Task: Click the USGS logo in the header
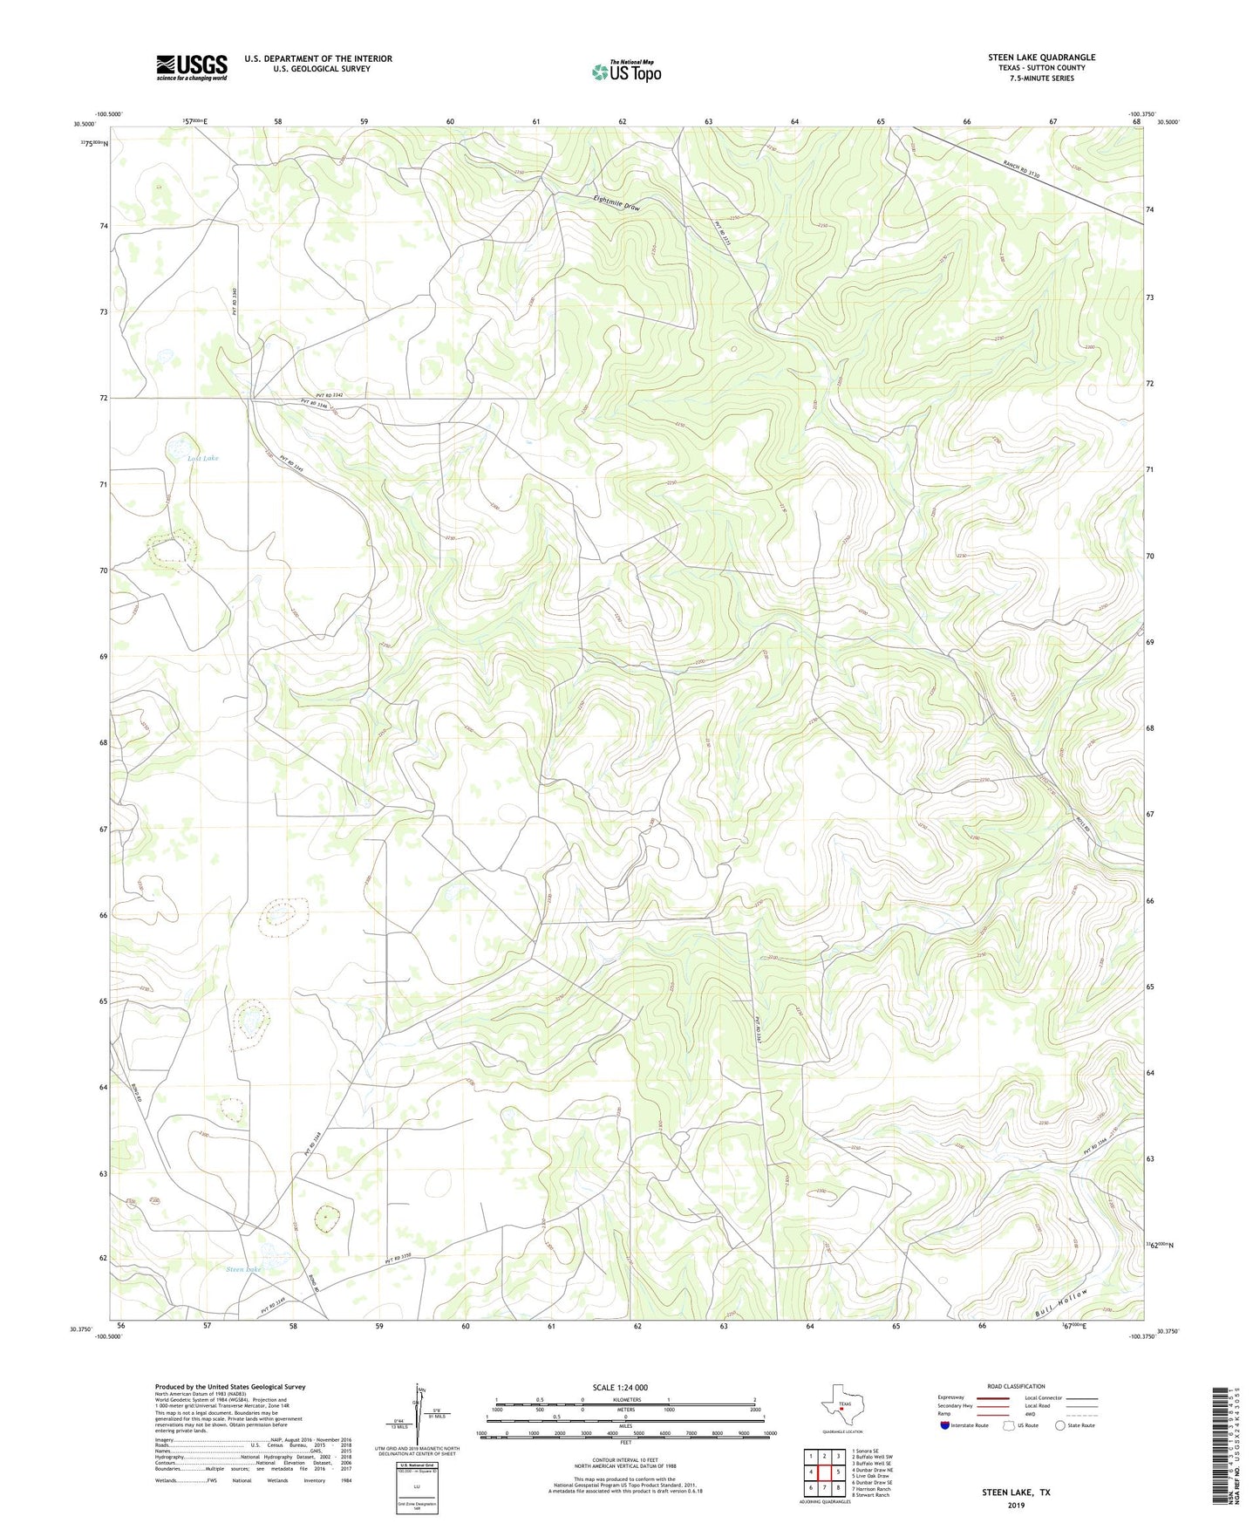192,67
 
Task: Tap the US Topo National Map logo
626,72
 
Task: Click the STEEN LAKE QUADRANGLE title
1041,58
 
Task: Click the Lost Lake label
203,458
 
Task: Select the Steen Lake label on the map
243,1269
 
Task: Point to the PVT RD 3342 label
324,394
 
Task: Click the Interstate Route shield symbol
945,1425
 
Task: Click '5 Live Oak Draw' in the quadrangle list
872,1476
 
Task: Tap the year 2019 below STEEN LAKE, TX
1016,1506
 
